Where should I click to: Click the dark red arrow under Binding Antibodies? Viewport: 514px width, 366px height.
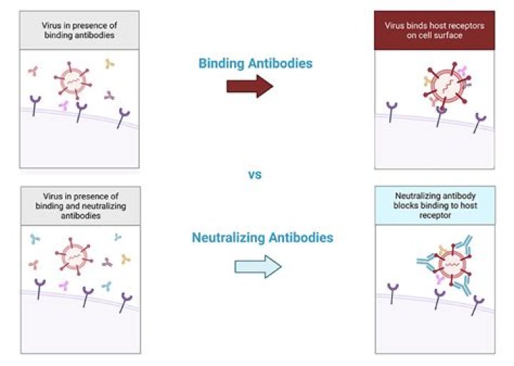click(250, 86)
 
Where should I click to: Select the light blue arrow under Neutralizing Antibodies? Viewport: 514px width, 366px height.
click(258, 267)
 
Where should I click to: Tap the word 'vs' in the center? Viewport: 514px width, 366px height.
click(255, 174)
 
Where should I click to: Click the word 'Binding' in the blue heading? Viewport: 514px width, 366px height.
click(221, 64)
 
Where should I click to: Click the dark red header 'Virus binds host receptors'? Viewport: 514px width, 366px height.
click(434, 30)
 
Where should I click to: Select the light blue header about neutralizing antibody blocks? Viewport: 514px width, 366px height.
click(435, 205)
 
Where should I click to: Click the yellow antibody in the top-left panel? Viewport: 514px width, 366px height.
click(109, 64)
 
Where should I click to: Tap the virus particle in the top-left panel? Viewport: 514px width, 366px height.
click(73, 81)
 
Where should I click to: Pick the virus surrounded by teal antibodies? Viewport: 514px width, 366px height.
click(453, 264)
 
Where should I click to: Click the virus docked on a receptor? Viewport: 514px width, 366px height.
click(448, 84)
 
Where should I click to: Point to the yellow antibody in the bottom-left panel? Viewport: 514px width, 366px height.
click(126, 259)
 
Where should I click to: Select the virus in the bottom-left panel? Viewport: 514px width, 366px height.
click(74, 257)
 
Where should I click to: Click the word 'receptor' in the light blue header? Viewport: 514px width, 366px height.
click(435, 215)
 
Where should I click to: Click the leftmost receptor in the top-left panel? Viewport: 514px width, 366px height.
click(35, 105)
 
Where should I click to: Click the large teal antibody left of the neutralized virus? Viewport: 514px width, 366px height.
click(426, 262)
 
